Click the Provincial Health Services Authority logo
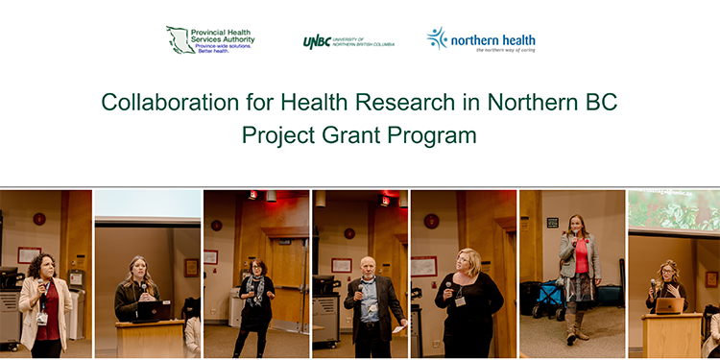click(209, 39)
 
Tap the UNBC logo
click(348, 41)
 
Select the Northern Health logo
click(481, 39)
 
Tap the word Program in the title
click(432, 135)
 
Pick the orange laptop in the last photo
click(670, 305)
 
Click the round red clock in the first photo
click(39, 218)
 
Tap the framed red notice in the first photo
click(29, 254)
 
